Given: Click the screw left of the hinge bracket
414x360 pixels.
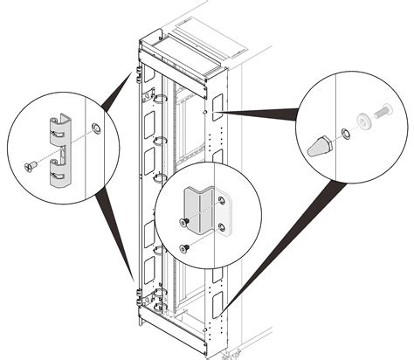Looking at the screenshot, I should (30, 164).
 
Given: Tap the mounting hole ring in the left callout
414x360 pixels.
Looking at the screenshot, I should (95, 129).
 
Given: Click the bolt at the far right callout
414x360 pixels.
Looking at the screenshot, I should (383, 114).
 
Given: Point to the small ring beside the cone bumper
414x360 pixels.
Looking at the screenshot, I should (345, 133).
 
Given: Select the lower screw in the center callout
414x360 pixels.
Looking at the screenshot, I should (184, 248).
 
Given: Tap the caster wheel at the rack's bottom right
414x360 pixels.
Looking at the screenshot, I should (231, 353).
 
